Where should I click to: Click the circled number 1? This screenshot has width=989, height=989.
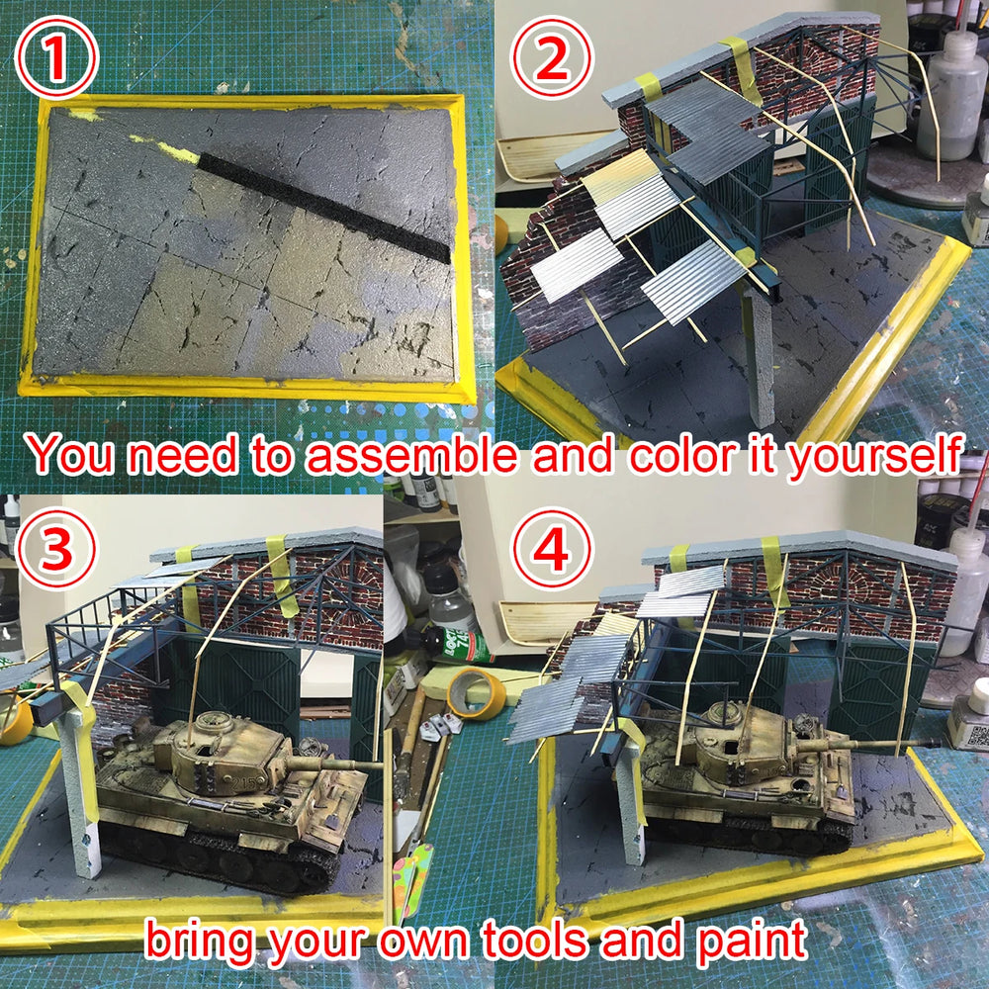coord(56,57)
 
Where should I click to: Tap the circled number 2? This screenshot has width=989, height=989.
coord(551,57)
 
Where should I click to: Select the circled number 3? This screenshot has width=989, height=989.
coord(56,547)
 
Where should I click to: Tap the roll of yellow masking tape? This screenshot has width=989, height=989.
coord(477,694)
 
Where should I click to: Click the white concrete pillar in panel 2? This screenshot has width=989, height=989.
coord(759,361)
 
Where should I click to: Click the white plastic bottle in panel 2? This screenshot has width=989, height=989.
coord(951,95)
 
